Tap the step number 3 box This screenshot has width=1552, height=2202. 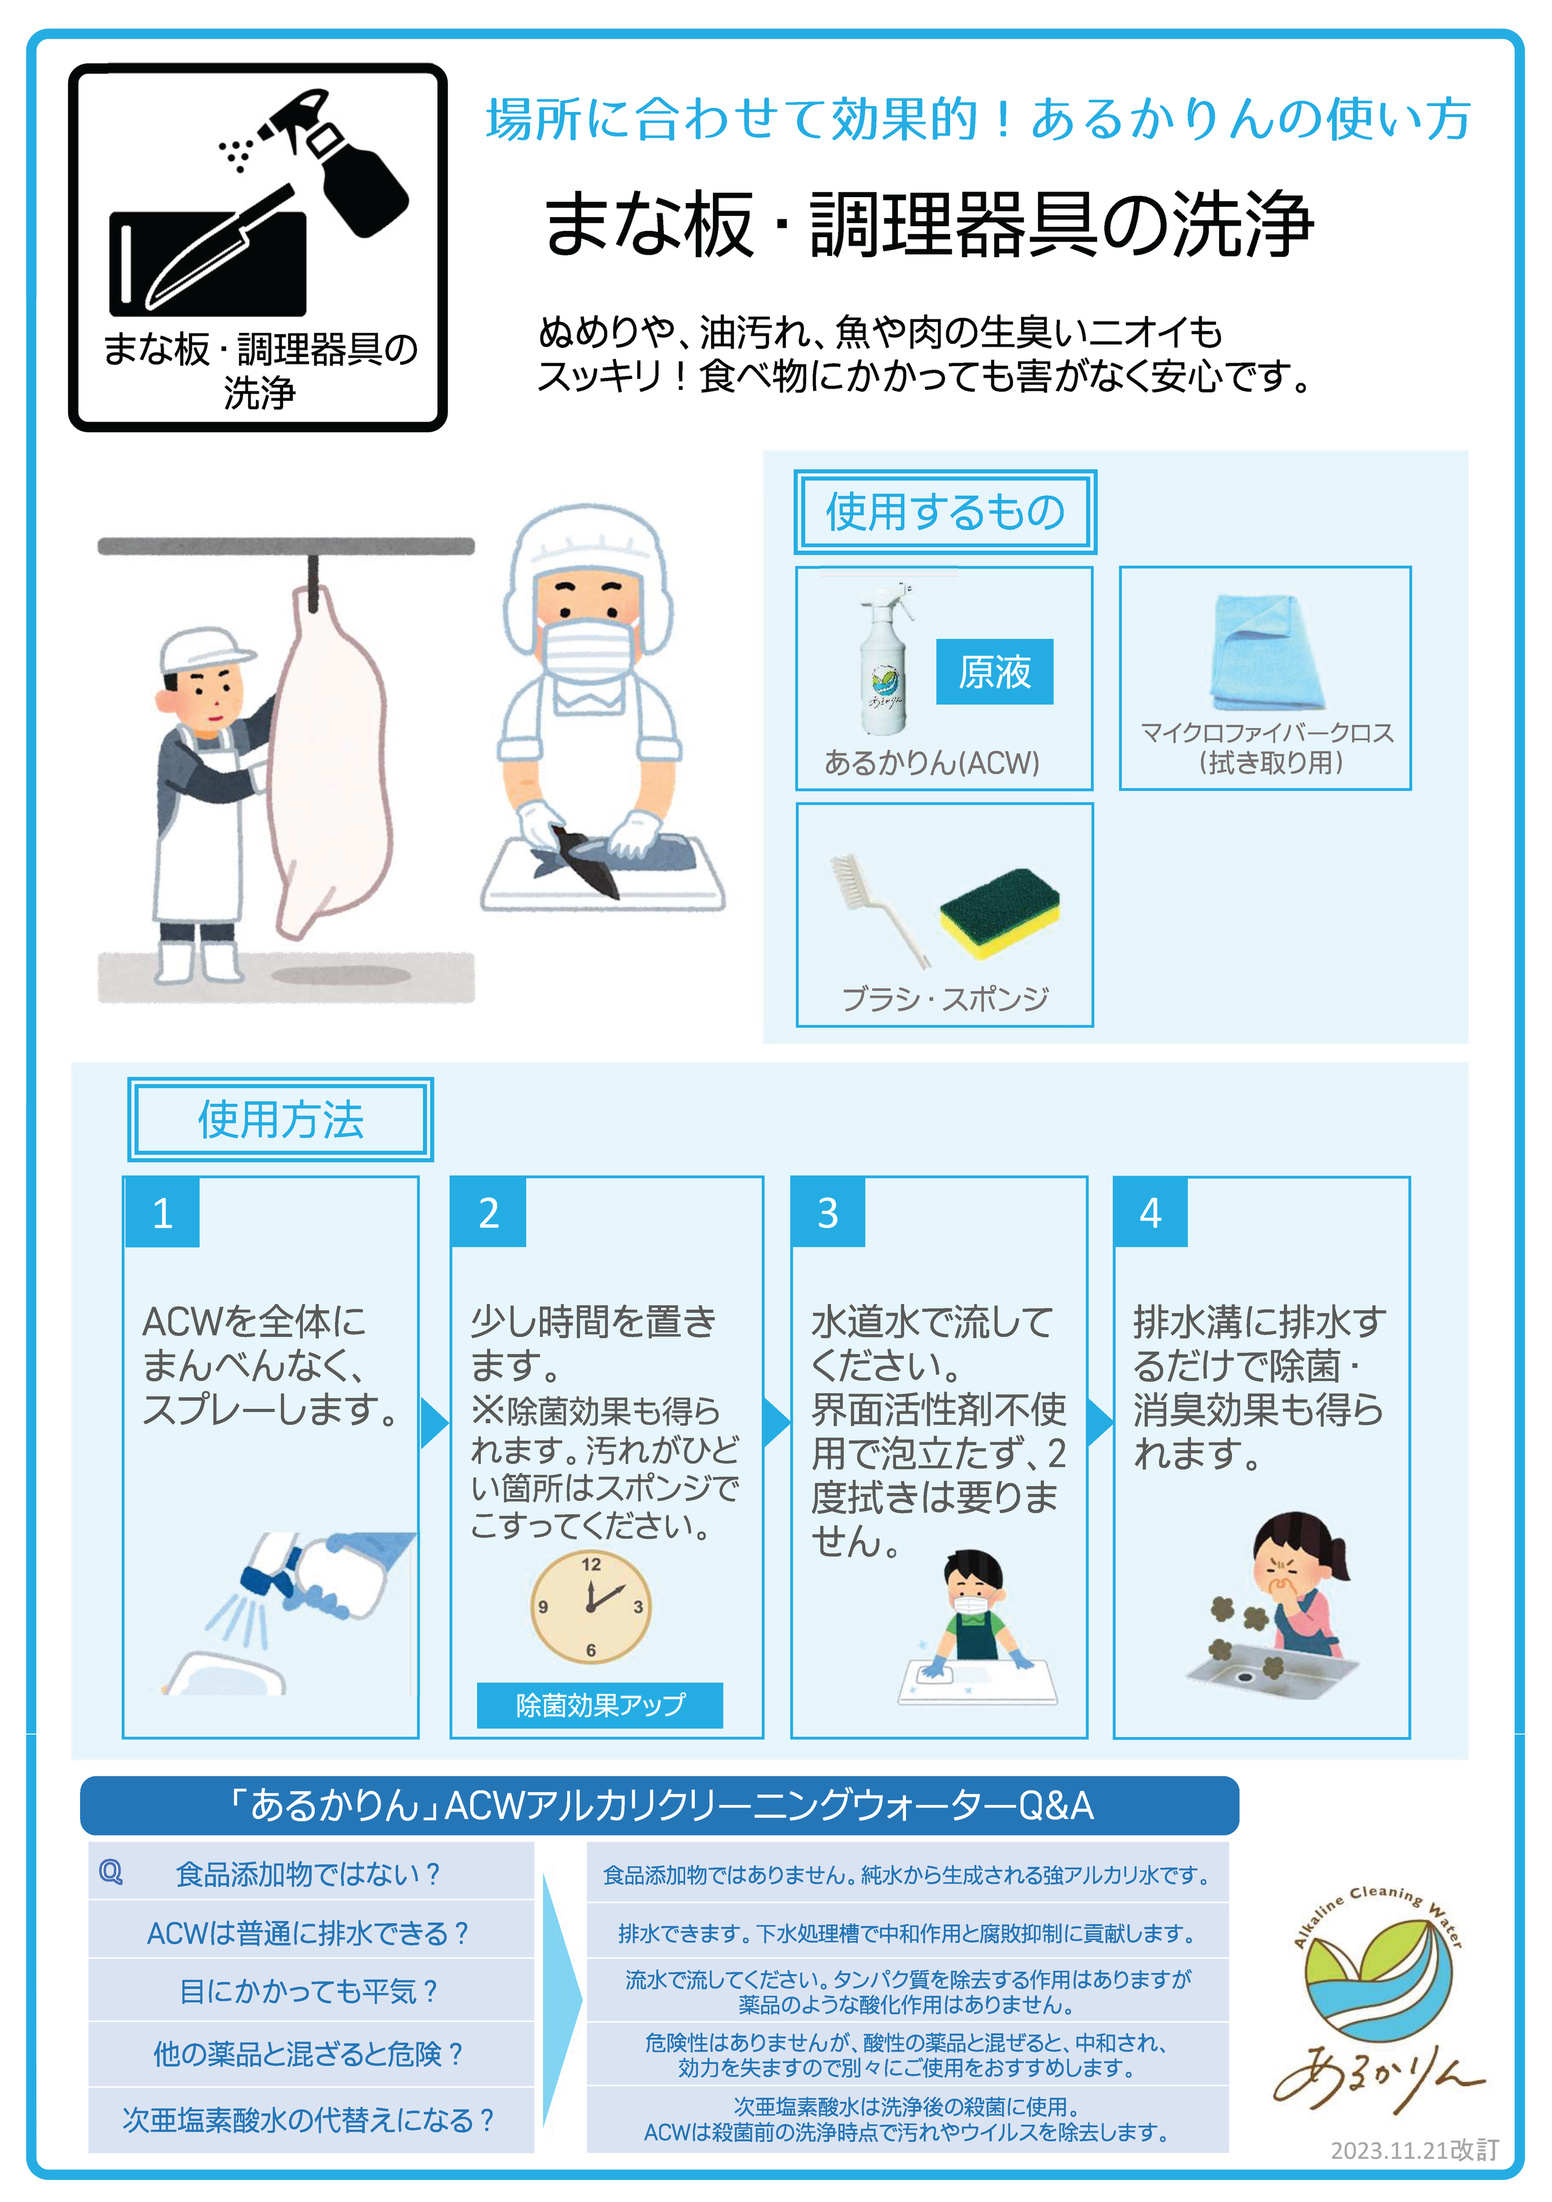click(828, 1212)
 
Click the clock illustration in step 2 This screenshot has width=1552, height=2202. click(591, 1607)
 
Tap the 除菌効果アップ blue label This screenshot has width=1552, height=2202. click(600, 1704)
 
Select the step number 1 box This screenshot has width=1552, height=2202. click(162, 1212)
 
